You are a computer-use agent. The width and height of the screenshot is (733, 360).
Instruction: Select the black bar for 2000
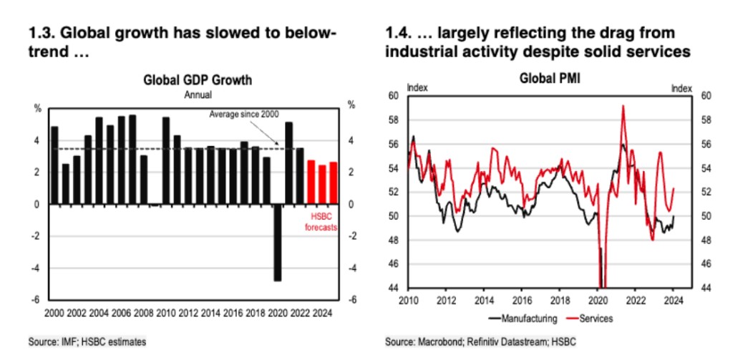(54, 165)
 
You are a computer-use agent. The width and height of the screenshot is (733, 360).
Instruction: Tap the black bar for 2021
(289, 163)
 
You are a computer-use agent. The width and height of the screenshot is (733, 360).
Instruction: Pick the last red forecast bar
(333, 183)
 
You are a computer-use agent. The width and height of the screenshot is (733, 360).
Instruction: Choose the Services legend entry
(591, 316)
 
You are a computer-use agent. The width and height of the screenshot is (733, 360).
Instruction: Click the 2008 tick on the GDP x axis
(143, 312)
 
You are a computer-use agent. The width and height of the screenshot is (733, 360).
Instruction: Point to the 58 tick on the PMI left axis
(394, 120)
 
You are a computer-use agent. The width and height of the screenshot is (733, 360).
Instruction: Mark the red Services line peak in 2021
(623, 107)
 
